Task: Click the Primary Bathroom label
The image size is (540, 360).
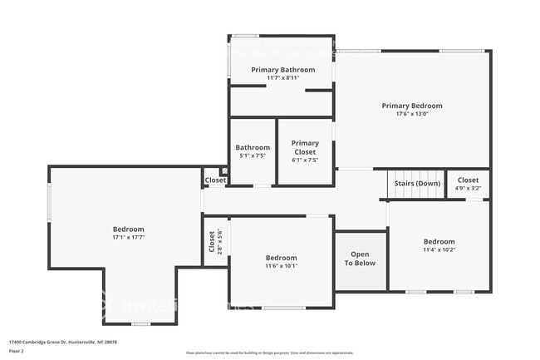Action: pos(283,70)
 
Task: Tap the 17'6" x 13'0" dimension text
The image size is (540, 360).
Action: pos(412,114)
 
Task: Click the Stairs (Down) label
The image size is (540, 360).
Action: pos(417,183)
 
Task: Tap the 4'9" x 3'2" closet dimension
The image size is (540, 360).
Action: pos(468,188)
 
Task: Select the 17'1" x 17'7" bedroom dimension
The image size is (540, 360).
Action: pos(129,237)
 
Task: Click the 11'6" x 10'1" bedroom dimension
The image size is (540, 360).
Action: pos(281,265)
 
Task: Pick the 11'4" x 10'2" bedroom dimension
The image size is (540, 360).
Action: pos(439,249)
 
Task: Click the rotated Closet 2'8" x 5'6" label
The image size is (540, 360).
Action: pos(214,241)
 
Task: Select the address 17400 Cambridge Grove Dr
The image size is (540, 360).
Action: pos(62,342)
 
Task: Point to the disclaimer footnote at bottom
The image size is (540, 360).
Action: pos(269,353)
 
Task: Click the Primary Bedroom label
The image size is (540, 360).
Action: pos(412,106)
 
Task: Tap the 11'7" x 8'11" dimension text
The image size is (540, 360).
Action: pos(283,77)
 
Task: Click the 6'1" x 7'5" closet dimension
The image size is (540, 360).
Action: pos(305,160)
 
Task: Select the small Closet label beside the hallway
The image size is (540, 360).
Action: pos(216,180)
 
